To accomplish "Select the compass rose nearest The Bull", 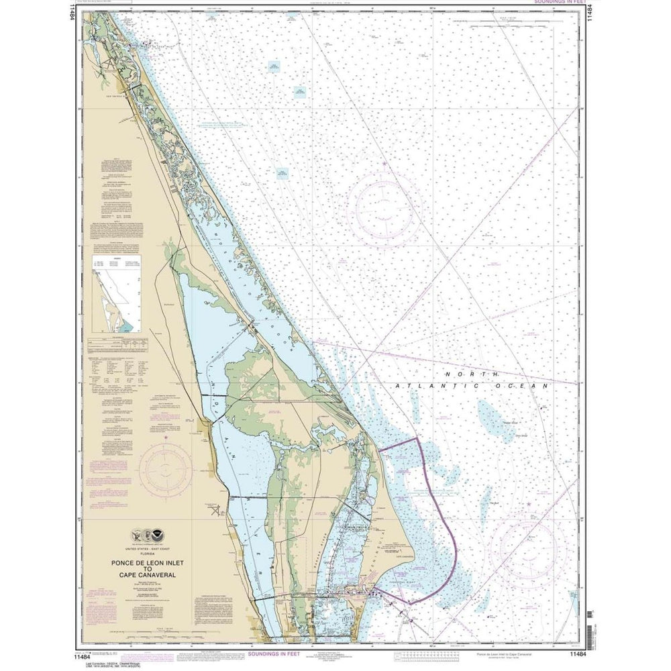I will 529,537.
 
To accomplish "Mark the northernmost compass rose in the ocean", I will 384,205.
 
